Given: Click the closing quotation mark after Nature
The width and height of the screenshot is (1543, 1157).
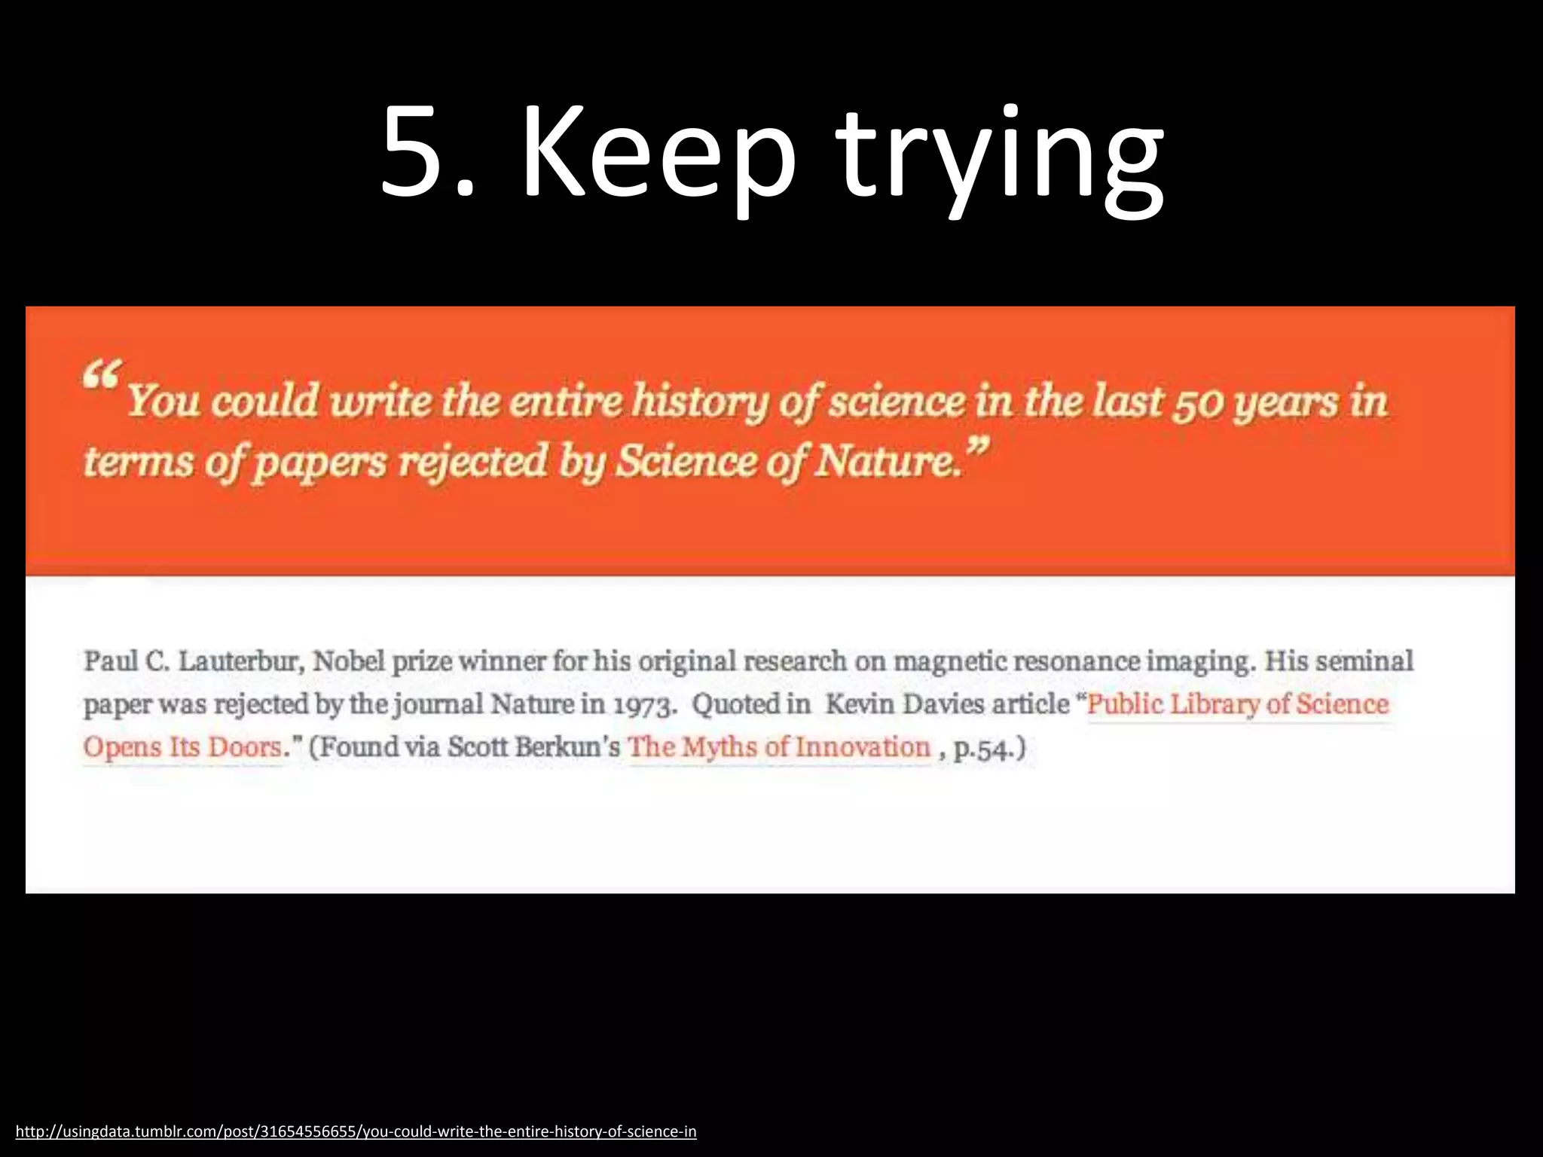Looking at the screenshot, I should (x=976, y=450).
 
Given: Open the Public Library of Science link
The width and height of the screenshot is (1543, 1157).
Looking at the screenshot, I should (x=1237, y=704).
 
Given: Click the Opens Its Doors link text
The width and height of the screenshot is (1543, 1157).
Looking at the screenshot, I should (x=182, y=747).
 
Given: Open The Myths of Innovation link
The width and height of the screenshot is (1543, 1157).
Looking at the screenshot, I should (x=779, y=747).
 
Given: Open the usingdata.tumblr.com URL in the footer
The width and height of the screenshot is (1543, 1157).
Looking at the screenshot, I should (x=356, y=1131).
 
